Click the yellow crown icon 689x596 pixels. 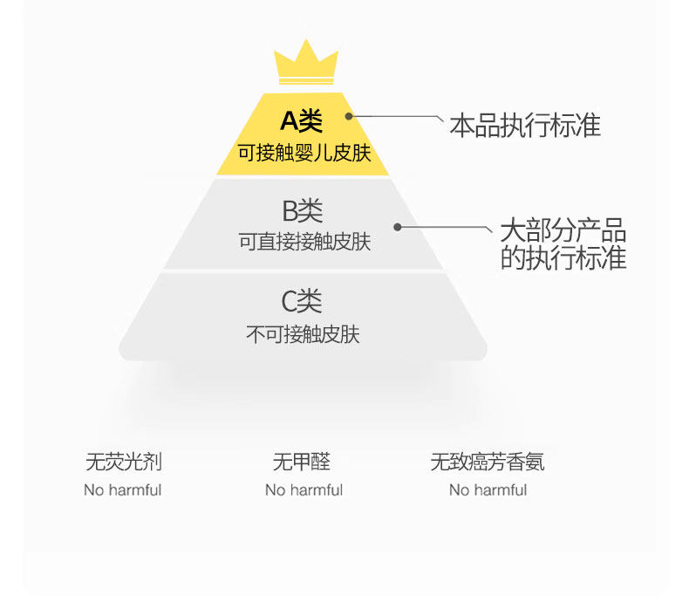305,63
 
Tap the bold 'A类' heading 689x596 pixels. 302,121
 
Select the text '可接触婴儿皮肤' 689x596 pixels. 304,154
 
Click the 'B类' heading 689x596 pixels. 302,210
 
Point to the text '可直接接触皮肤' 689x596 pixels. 304,242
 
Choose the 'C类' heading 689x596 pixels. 302,302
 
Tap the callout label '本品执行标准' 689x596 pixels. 525,125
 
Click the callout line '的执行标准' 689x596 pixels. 563,258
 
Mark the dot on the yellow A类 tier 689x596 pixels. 349,115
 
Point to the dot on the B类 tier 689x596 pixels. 397,227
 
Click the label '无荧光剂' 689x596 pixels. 123,462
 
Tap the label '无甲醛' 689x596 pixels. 302,462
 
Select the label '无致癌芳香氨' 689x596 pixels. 488,462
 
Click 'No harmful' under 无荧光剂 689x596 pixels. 123,490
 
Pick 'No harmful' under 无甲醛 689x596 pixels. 304,490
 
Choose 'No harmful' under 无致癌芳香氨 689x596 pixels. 488,490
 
